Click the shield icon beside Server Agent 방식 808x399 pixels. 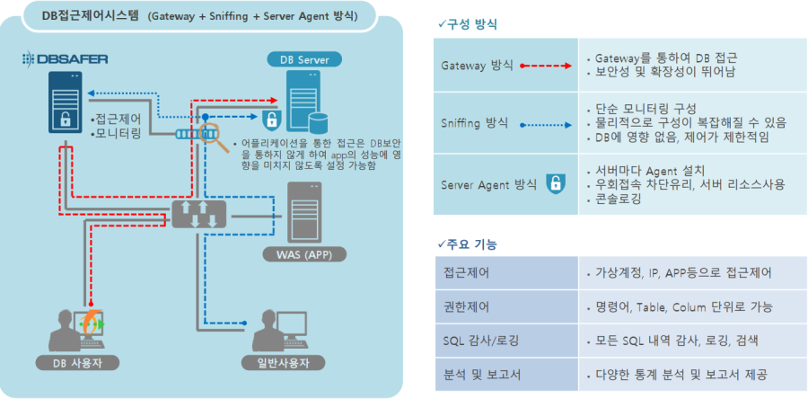[x=556, y=184]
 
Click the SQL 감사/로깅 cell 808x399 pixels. [x=476, y=340]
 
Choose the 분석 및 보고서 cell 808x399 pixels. [x=477, y=374]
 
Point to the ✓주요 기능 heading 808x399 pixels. [x=468, y=244]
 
